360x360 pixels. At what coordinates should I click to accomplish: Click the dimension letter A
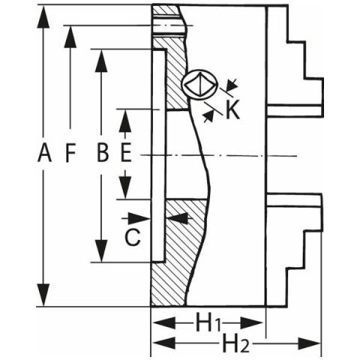(x=44, y=153)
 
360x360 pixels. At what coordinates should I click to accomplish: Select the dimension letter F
(x=70, y=153)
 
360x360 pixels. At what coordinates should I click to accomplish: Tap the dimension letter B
(x=103, y=153)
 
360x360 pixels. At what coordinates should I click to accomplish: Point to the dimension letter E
(x=126, y=153)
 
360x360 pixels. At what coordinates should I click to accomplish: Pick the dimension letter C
(x=133, y=237)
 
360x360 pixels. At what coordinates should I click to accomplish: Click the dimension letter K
(x=232, y=109)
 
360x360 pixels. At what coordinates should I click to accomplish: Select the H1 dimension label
(x=208, y=323)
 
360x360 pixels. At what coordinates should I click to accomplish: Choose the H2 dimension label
(x=235, y=343)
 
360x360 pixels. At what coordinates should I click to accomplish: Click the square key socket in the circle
(x=200, y=85)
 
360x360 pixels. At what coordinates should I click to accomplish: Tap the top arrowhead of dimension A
(x=43, y=16)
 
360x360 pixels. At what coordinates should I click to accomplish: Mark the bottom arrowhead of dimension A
(x=43, y=295)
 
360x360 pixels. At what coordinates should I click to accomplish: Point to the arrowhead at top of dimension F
(x=70, y=37)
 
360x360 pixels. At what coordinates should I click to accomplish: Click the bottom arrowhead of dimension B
(x=101, y=250)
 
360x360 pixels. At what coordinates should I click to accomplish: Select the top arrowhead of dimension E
(x=125, y=121)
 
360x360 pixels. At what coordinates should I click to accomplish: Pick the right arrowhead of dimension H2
(x=309, y=343)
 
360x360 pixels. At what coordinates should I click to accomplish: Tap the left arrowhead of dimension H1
(x=164, y=323)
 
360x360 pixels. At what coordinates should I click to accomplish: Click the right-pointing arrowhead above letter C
(x=139, y=219)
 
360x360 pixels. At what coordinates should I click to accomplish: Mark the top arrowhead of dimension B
(x=101, y=61)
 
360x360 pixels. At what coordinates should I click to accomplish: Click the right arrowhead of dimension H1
(x=251, y=323)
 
